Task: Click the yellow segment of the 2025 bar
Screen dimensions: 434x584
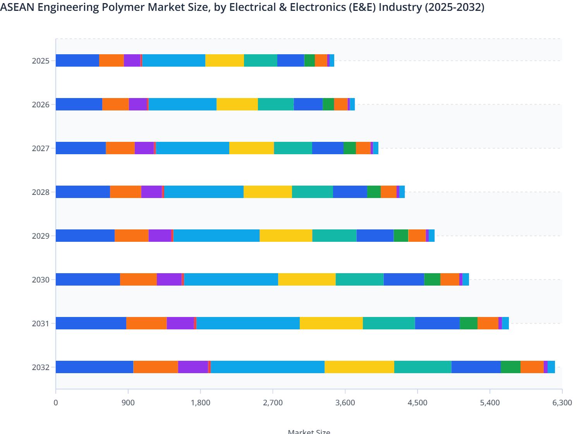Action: tap(225, 60)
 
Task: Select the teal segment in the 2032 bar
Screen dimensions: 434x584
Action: tap(423, 367)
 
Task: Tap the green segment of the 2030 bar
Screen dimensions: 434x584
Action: tap(432, 279)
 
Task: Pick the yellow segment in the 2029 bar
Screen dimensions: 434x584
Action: tap(286, 236)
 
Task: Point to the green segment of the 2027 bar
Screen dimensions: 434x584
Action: tap(350, 148)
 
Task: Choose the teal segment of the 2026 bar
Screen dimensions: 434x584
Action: tap(276, 104)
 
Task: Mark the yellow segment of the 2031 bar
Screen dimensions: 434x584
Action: tap(331, 323)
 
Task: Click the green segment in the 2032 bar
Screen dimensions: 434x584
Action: tap(510, 367)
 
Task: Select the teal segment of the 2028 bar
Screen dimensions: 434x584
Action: tap(312, 192)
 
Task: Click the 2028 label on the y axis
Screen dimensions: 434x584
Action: tap(41, 192)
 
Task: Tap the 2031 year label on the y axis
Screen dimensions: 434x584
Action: tap(41, 324)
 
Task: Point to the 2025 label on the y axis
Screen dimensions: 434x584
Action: tap(41, 61)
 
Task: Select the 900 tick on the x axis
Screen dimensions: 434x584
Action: tap(128, 403)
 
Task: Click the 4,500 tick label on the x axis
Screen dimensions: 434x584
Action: tap(417, 403)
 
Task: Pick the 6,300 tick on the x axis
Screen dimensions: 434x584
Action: tap(562, 403)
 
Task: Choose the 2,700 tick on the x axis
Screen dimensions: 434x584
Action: tap(273, 403)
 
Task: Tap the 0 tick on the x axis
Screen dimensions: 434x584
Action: tap(56, 403)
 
